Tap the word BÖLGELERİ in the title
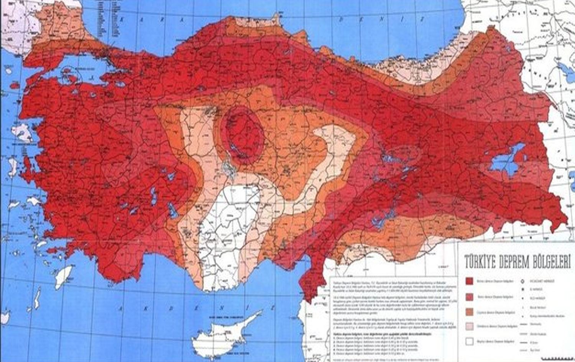[x=550, y=264]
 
